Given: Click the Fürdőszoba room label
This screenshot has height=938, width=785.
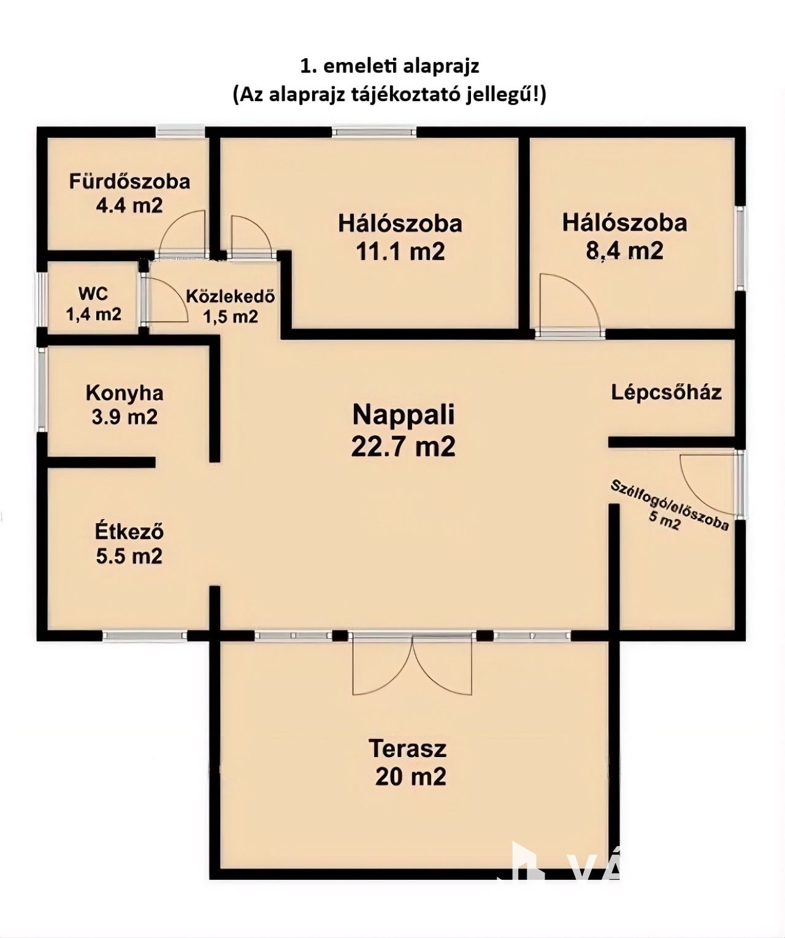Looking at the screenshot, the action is pos(129,182).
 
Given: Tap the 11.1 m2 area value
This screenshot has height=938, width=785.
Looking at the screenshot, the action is pos(400,251).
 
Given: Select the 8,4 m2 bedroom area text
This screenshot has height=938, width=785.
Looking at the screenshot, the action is pos(624,251).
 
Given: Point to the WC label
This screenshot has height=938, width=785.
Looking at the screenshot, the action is pos(93,293).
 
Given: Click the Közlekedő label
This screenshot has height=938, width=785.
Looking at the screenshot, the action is pos(231,297).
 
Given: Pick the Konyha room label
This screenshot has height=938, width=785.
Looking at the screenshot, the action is pos(124,393).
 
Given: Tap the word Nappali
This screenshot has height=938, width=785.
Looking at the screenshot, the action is pos(403,414).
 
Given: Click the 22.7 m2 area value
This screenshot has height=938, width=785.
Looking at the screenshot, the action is pos(403,446).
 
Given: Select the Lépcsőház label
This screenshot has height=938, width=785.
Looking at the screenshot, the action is pos(666,392).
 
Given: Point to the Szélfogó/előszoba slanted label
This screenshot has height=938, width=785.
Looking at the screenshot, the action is pos(668,506).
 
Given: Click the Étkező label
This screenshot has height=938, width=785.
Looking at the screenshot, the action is pos(129,532).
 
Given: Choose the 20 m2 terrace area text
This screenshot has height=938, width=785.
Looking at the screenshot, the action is pos(411,777).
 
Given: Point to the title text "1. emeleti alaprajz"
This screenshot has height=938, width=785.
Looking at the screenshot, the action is pos(389,66).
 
